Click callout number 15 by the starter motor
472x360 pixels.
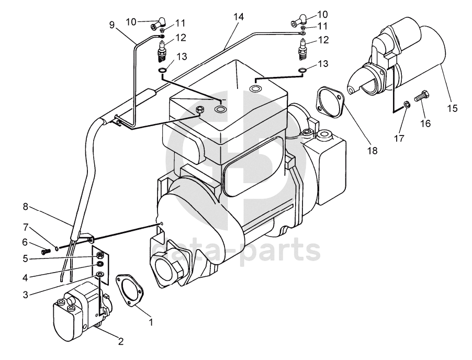[x=452, y=108]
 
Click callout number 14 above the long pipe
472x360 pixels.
[x=239, y=17]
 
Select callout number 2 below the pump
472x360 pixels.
[x=120, y=342]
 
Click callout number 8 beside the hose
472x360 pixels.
[x=25, y=207]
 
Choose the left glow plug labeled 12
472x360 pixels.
[x=163, y=52]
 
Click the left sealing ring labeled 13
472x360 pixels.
[x=163, y=71]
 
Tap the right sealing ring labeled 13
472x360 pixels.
[x=302, y=71]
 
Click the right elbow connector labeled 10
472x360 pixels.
[x=298, y=21]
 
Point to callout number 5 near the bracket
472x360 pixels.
[x=25, y=257]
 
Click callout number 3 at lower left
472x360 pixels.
[x=25, y=295]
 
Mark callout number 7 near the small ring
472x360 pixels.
[x=25, y=227]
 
